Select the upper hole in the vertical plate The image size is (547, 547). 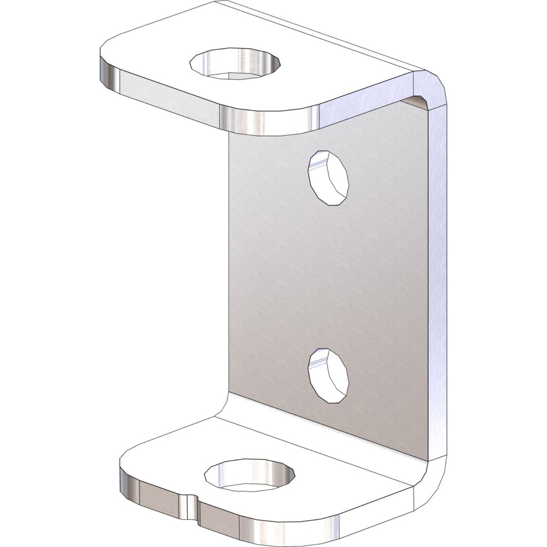pos(328,178)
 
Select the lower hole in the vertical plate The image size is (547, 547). pos(328,375)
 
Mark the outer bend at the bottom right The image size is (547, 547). pos(435,481)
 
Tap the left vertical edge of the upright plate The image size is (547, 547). pos(228,273)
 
